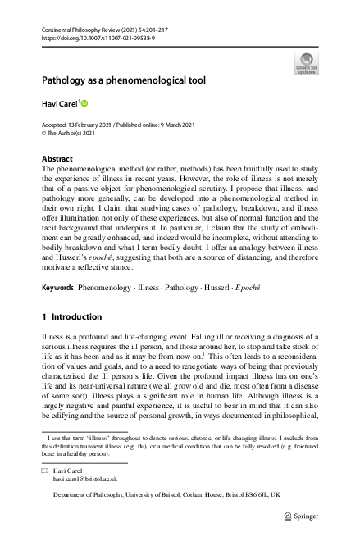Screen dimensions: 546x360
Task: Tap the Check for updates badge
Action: pyautogui.click(x=306, y=62)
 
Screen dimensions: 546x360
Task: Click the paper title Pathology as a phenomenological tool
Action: pyautogui.click(x=124, y=80)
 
